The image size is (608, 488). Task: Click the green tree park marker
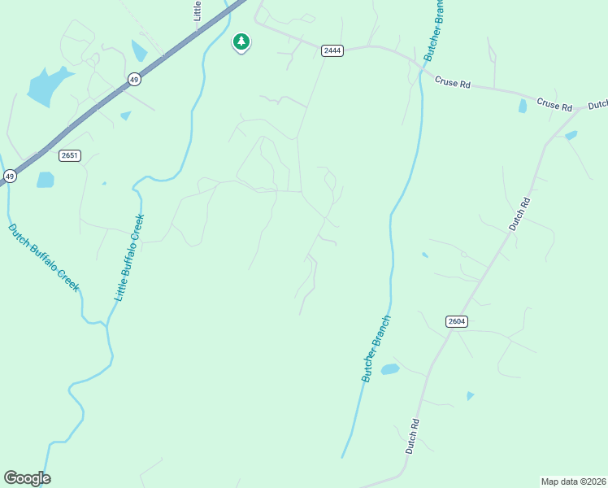click(241, 41)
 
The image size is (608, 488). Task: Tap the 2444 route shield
click(332, 50)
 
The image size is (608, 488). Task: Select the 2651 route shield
click(70, 155)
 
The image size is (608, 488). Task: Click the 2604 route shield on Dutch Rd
click(457, 321)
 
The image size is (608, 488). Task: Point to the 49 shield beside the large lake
click(134, 79)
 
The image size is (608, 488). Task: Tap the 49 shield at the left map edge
click(10, 176)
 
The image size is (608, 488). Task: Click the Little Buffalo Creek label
click(129, 257)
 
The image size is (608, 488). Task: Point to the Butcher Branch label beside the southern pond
click(376, 349)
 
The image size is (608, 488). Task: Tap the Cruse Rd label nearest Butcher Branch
click(453, 81)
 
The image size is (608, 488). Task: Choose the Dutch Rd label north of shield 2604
click(519, 214)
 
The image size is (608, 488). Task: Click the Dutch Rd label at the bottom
click(413, 437)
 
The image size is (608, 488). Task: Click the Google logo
click(27, 478)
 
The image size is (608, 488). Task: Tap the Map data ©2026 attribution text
click(573, 481)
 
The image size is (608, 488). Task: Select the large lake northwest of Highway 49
click(47, 85)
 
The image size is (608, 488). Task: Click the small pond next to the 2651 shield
click(46, 180)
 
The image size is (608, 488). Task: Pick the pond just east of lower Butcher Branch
click(390, 369)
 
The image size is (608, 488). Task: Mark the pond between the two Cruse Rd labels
click(522, 106)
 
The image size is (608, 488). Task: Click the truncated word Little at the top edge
click(197, 11)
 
